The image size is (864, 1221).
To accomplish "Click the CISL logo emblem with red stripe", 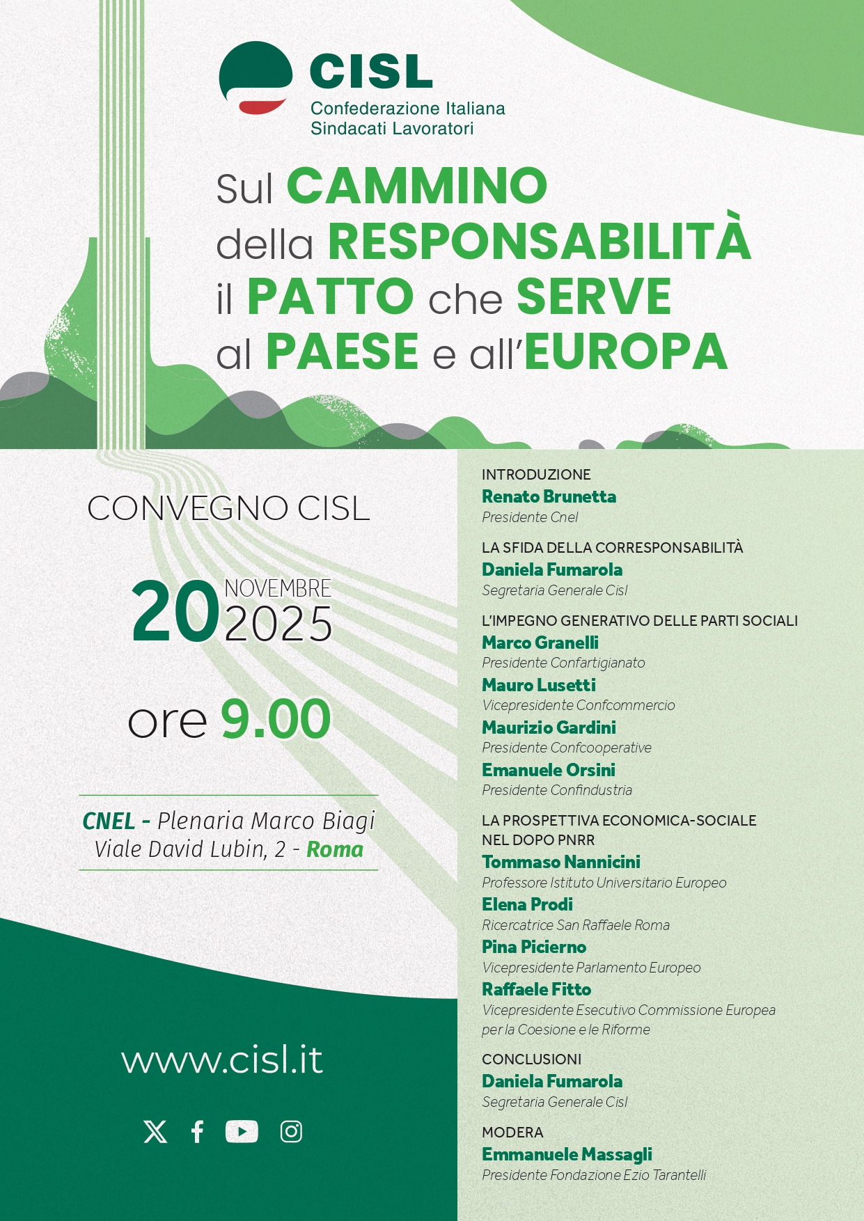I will click(256, 77).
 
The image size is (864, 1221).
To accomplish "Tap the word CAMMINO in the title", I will click(417, 186).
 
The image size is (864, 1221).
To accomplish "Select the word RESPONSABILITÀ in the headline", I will click(539, 241).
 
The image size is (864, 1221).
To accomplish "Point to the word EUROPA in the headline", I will click(626, 352).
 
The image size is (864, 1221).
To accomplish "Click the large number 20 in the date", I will click(175, 612).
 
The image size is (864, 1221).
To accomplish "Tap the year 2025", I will click(278, 624).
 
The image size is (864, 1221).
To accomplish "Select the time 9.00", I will click(276, 720).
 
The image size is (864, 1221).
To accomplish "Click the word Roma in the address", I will click(335, 849).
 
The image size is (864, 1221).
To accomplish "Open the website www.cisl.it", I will click(222, 1059).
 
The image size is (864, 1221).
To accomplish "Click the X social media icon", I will click(155, 1132).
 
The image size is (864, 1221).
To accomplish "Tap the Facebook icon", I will click(198, 1132).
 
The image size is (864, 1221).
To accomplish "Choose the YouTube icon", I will click(242, 1132).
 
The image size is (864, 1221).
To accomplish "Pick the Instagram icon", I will click(291, 1132).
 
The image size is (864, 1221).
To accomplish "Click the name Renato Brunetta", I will click(549, 496).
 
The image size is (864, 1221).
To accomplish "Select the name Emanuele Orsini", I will click(549, 770).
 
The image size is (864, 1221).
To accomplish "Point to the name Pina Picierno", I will click(534, 947).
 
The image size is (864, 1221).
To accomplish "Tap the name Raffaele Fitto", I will click(536, 989).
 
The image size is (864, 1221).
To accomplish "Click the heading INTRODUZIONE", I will click(536, 475).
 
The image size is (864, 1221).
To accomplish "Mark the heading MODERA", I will click(512, 1133).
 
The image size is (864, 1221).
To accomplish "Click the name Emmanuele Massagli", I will click(567, 1154).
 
